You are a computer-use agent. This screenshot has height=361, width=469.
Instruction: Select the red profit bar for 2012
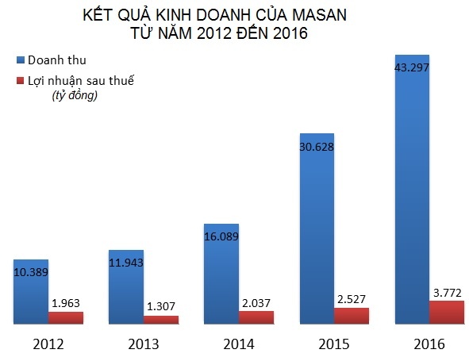point(65,317)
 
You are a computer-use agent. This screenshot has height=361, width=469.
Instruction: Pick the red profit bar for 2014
point(256,317)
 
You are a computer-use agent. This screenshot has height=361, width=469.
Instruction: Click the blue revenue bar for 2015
point(316,238)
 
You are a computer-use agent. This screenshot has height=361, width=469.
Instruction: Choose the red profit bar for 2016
point(446,312)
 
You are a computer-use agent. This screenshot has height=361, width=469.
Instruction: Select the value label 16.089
point(221,236)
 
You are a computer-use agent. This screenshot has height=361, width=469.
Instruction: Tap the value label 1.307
point(162,306)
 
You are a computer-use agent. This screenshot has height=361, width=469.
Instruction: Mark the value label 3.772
point(447,291)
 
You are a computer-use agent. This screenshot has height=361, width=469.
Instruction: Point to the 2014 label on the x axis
point(238,344)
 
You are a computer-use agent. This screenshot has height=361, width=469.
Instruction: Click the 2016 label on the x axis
point(429,344)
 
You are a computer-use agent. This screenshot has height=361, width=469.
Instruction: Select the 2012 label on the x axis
point(48,344)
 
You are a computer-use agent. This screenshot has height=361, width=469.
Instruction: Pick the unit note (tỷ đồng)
point(74,96)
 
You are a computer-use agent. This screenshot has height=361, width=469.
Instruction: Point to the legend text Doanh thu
point(57,60)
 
